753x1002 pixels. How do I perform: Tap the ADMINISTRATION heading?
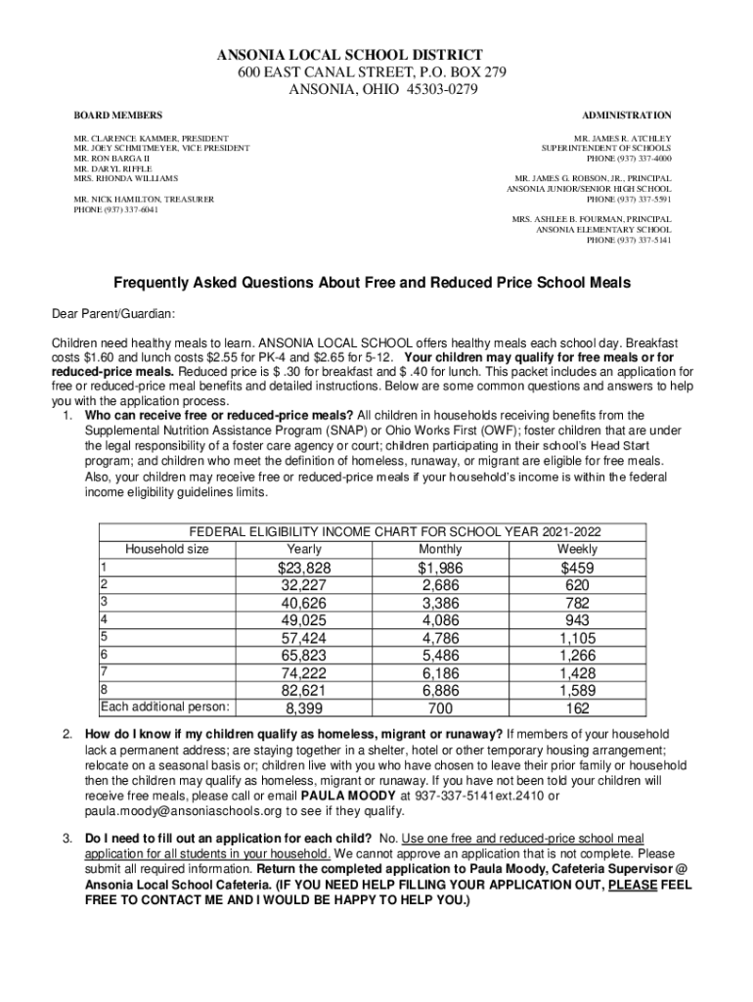(x=627, y=115)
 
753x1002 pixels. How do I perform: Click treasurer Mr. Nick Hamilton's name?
(x=144, y=200)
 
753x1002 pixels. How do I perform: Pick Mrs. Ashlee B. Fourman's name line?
(x=592, y=218)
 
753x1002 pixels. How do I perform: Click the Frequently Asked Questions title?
(x=373, y=283)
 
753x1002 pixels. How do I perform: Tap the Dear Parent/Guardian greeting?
(x=113, y=313)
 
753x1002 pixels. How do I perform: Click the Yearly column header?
(x=305, y=549)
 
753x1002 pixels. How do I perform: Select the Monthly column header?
(x=440, y=549)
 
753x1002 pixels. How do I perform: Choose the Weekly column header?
(x=577, y=549)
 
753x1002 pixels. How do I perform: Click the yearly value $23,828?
(x=304, y=569)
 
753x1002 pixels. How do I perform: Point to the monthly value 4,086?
(x=440, y=619)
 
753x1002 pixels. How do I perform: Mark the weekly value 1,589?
(x=577, y=690)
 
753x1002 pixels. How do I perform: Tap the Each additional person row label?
(x=165, y=706)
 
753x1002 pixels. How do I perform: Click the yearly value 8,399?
(x=304, y=707)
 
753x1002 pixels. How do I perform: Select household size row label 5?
(x=104, y=636)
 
